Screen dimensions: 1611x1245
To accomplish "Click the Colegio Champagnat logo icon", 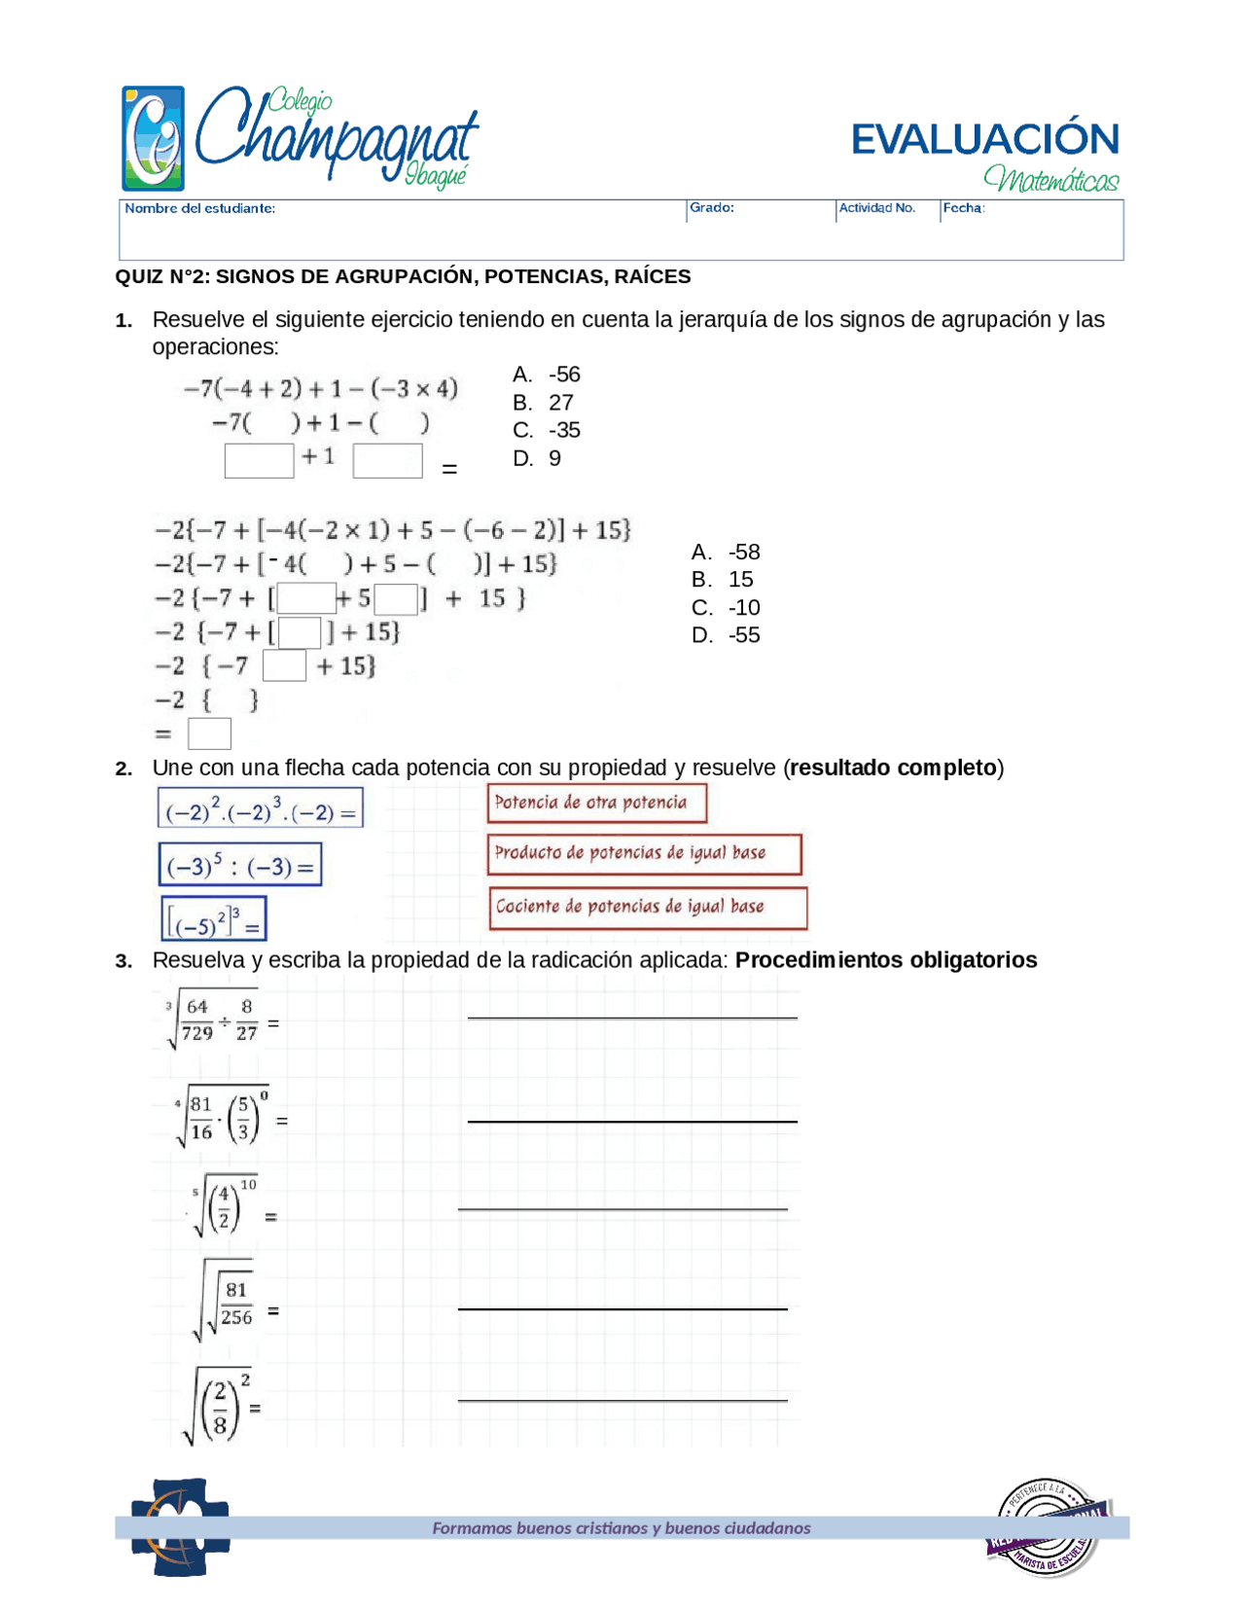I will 153,138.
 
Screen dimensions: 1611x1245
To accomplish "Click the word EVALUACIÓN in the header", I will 984,139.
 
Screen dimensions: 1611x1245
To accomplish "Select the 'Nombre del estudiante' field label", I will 199,208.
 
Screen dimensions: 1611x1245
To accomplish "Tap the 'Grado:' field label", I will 711,207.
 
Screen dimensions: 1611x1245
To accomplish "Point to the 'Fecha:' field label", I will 963,207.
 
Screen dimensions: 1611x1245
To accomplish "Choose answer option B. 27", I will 544,402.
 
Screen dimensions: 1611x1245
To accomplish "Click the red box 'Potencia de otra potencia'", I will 596,803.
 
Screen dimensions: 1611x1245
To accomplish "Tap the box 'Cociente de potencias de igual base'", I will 647,907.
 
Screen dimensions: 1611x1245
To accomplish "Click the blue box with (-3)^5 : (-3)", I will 240,865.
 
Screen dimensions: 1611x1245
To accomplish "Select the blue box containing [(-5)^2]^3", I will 214,919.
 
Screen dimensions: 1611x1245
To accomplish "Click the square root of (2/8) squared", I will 219,1405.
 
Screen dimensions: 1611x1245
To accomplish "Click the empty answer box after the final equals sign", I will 209,734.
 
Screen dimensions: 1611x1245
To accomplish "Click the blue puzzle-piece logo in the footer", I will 181,1526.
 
